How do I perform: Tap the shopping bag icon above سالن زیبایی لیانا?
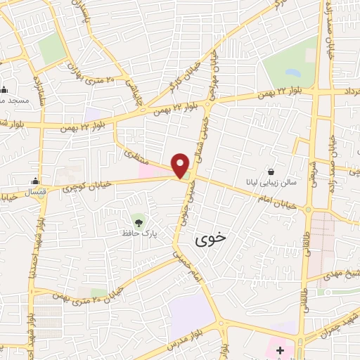271,171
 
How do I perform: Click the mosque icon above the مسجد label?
5,89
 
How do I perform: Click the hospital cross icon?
280,349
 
